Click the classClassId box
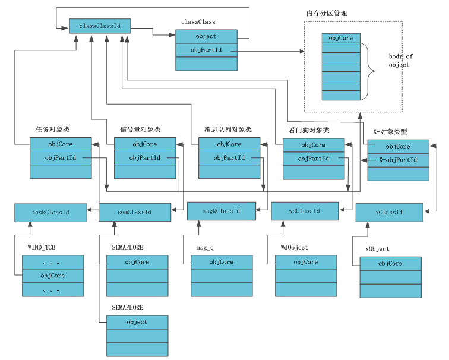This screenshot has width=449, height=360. pyautogui.click(x=100, y=26)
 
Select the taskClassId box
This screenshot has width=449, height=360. pyautogui.click(x=50, y=212)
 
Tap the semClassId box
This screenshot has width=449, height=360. pyautogui.click(x=134, y=212)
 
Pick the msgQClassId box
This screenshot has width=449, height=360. pyautogui.click(x=221, y=211)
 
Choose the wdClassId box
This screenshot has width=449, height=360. pyautogui.click(x=305, y=211)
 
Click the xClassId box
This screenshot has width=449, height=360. pyautogui.click(x=389, y=213)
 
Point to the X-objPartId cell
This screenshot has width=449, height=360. pyautogui.click(x=397, y=160)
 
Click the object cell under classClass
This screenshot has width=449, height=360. pyautogui.click(x=205, y=36)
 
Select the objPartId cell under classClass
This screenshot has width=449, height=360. pyautogui.click(x=205, y=50)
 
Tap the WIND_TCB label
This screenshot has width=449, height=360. pyautogui.click(x=42, y=247)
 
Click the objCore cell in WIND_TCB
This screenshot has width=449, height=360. pyautogui.click(x=52, y=276)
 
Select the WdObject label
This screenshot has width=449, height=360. pyautogui.click(x=295, y=247)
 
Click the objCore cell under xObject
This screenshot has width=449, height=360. pyautogui.click(x=390, y=263)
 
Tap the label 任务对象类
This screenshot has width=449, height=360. pyautogui.click(x=53, y=129)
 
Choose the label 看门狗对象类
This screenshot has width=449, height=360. pyautogui.click(x=309, y=130)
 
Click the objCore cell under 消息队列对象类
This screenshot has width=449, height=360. pyautogui.click(x=229, y=144)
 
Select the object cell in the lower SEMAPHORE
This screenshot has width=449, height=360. pyautogui.click(x=137, y=322)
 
